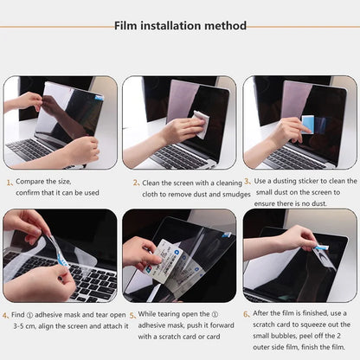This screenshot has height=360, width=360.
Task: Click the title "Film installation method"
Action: [x=181, y=25]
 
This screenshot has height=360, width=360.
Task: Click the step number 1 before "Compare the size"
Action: [x=10, y=183]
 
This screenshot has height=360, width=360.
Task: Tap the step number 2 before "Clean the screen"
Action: [x=136, y=183]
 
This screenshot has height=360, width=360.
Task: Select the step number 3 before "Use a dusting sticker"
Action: [x=247, y=182]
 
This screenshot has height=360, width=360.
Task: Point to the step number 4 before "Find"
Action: [x=10, y=315]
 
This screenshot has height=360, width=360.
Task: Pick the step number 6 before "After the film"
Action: [x=247, y=314]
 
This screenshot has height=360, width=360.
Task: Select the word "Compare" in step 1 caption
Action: [x=33, y=183]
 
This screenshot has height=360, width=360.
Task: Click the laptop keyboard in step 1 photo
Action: [x=35, y=149]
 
